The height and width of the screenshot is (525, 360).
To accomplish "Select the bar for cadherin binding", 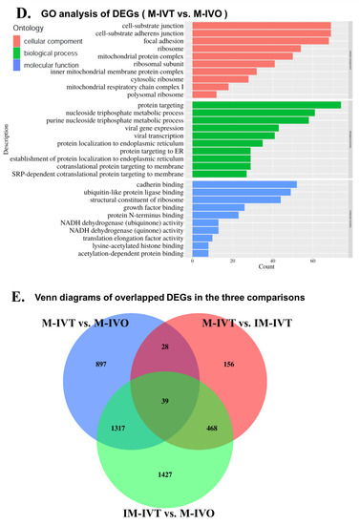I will [x=244, y=184].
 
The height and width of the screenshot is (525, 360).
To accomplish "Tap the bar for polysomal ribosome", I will [x=199, y=94].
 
